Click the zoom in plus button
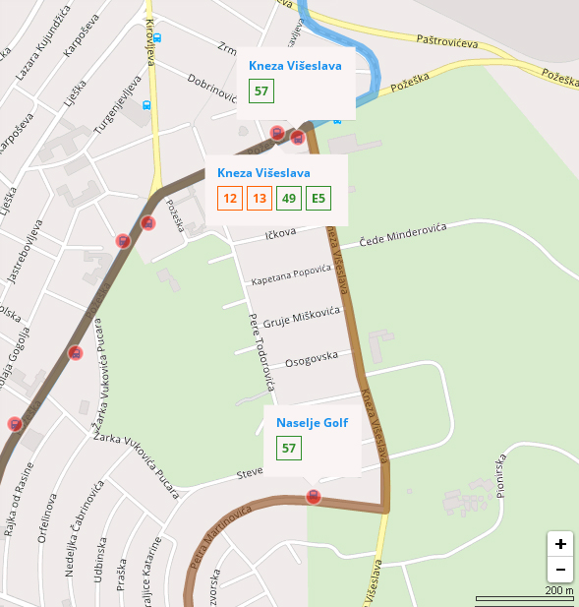560,544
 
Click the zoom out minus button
560,569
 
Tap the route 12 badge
230,199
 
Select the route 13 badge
260,199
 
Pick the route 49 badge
289,199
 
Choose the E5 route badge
318,199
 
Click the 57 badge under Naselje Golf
289,449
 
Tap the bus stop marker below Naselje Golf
314,497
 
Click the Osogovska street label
311,359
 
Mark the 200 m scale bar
524,596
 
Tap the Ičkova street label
281,235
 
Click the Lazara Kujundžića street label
40,47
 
